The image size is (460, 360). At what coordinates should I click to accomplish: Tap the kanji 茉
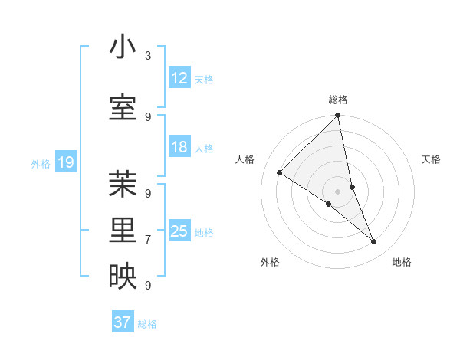(x=123, y=184)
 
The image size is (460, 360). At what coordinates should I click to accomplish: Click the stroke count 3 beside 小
(x=148, y=56)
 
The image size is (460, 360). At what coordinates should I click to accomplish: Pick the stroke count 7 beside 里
(x=148, y=240)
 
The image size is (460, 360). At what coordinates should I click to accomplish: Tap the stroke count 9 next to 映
(x=148, y=286)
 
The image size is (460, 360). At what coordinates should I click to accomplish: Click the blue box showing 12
(x=179, y=78)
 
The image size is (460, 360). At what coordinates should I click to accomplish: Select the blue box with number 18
(x=179, y=147)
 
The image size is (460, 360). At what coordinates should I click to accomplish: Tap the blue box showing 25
(x=179, y=231)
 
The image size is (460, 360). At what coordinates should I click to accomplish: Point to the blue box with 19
(x=65, y=162)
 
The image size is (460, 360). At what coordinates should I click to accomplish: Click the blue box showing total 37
(x=122, y=322)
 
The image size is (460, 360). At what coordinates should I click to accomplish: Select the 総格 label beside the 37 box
(x=147, y=324)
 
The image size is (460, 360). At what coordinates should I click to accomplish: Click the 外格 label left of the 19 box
(x=40, y=163)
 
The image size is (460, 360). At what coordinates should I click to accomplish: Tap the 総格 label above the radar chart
(x=337, y=100)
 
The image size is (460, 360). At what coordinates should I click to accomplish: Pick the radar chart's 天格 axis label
(x=431, y=159)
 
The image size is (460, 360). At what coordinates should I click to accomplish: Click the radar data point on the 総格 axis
(x=337, y=116)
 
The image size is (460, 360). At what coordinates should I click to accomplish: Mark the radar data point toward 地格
(x=374, y=242)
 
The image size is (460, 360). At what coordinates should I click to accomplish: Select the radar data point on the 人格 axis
(x=279, y=173)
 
